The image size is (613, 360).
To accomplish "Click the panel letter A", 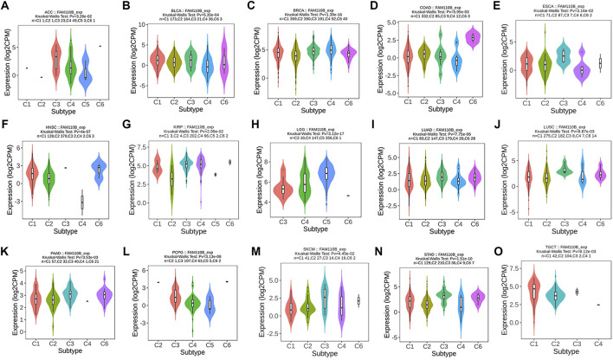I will tap(6, 6).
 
